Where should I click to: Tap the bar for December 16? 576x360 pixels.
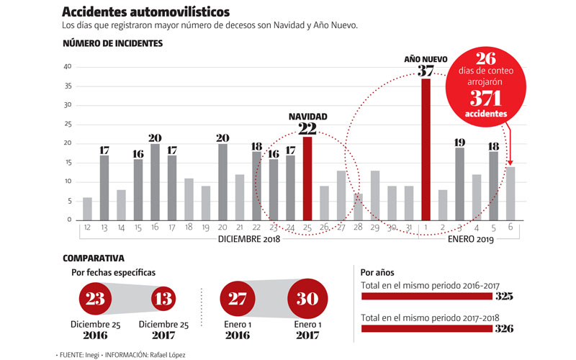(155, 181)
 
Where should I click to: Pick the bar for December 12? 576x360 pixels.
(87, 208)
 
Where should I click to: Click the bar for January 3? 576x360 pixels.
(459, 184)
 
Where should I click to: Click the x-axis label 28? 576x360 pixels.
(359, 228)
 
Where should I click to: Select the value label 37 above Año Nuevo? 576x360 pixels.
(426, 70)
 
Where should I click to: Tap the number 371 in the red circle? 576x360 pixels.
(485, 99)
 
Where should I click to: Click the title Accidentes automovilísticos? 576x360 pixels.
(146, 12)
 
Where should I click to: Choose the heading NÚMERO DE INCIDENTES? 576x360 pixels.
(112, 43)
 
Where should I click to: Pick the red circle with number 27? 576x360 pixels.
(236, 298)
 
